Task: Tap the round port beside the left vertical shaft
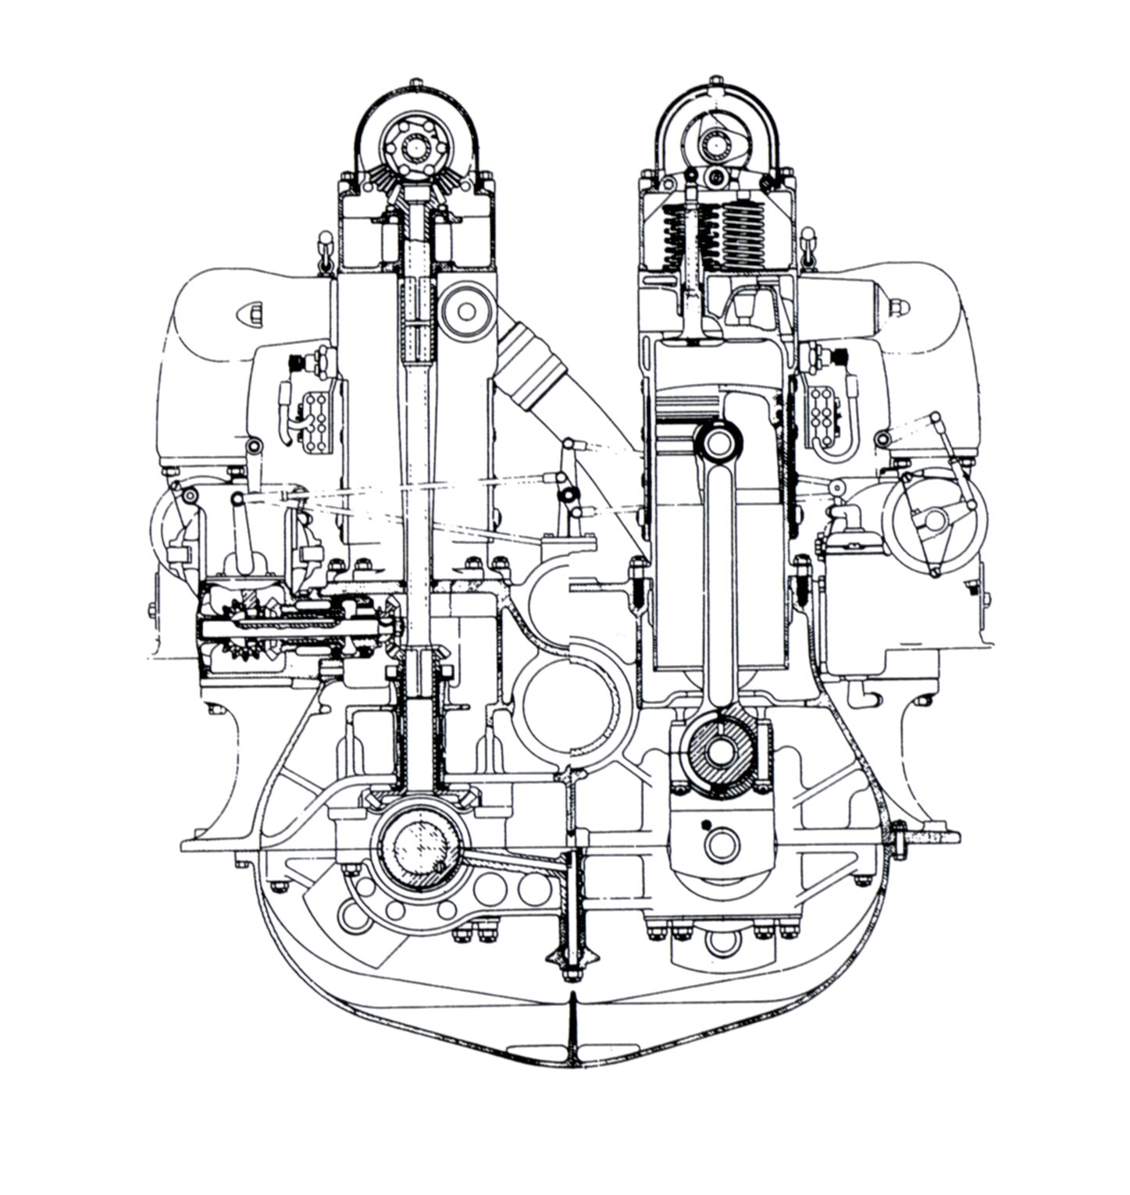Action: [x=466, y=311]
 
